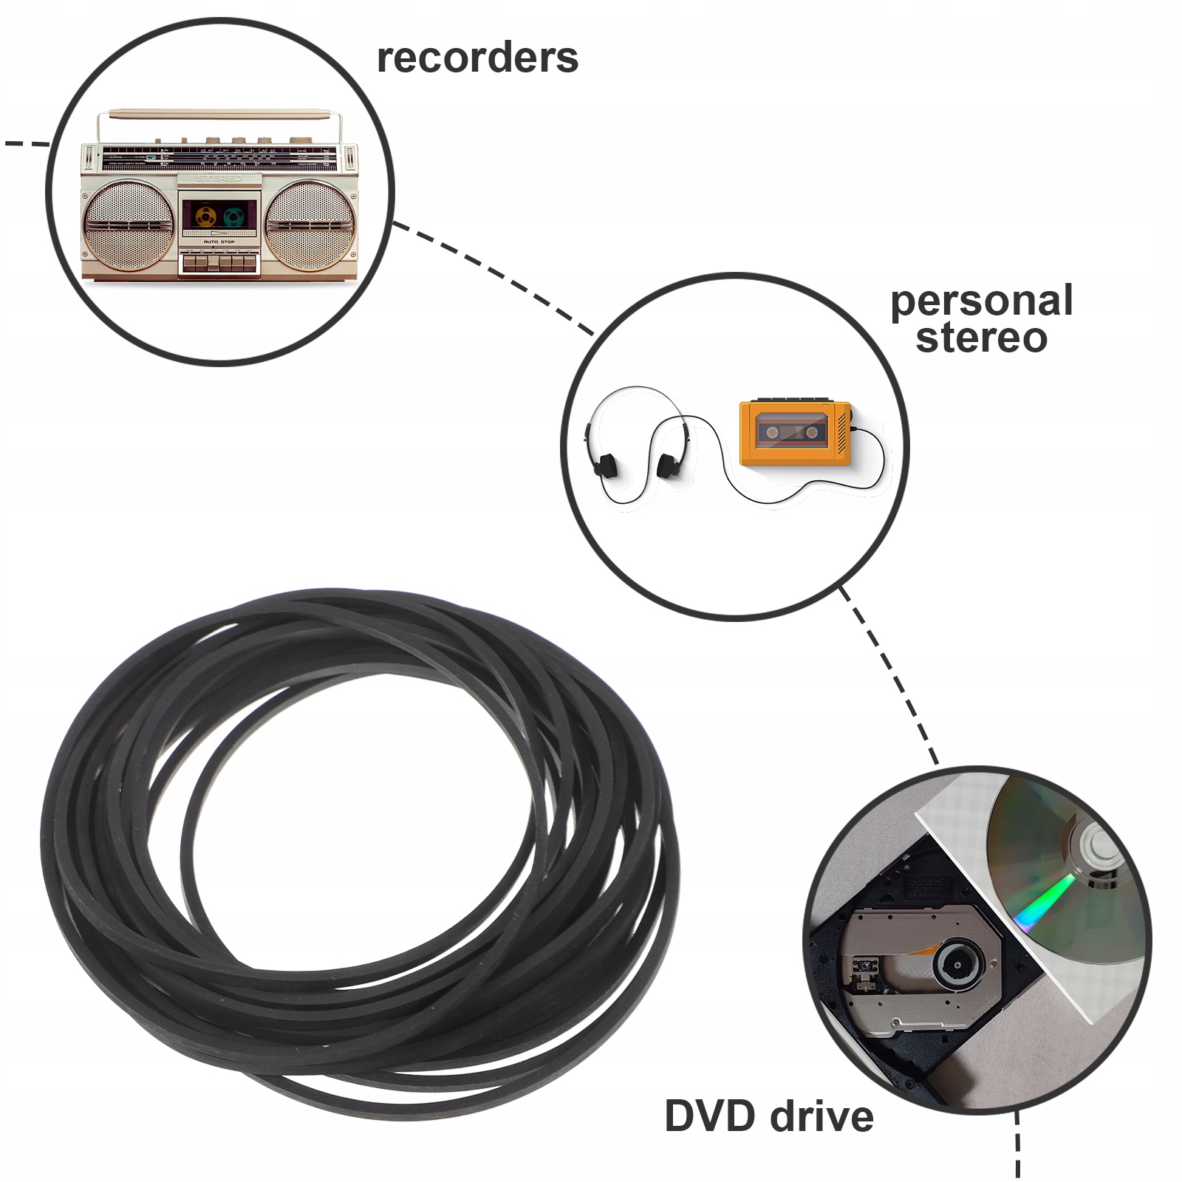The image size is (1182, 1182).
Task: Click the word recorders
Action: [x=477, y=58]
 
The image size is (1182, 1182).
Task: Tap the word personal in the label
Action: [x=981, y=301]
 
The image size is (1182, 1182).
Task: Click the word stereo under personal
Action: [x=981, y=338]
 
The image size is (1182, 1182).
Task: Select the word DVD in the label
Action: [x=709, y=1116]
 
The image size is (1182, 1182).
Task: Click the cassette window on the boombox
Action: [x=219, y=216]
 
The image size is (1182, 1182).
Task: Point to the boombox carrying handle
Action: [x=219, y=115]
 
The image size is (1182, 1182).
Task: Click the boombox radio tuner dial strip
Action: [x=219, y=157]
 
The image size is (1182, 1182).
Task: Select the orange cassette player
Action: [x=795, y=433]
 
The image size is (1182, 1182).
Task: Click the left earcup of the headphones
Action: [x=606, y=465]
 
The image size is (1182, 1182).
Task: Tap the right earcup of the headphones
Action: [x=667, y=465]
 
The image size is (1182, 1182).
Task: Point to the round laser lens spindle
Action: [x=957, y=964]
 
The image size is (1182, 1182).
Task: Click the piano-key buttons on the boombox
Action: [x=219, y=262]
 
